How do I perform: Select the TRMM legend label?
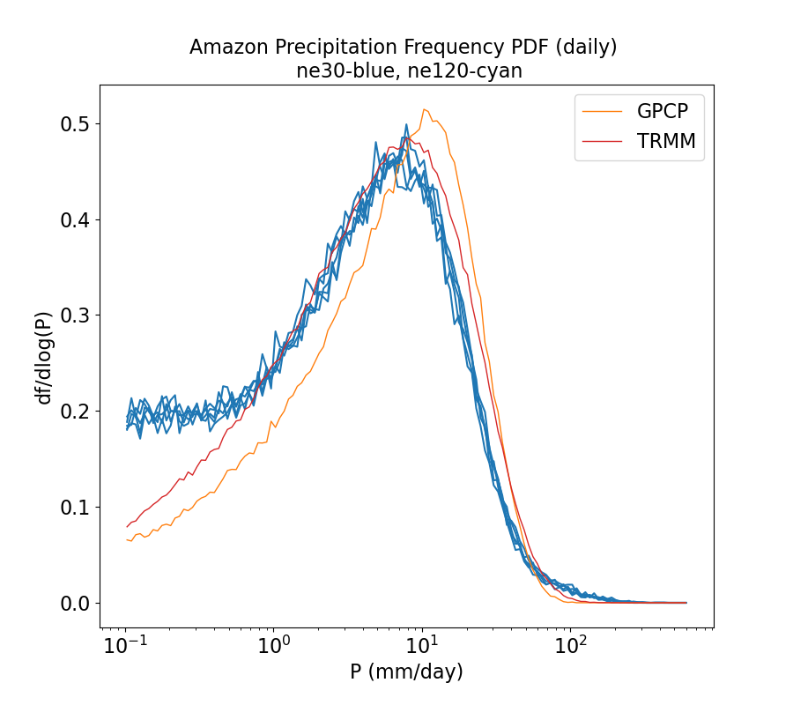tap(671, 142)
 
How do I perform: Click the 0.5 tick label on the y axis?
tap(75, 123)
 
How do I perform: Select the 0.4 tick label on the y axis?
tap(75, 219)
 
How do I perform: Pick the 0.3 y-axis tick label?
tap(75, 315)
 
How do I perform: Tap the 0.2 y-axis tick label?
tap(75, 412)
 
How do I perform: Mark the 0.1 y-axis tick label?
tap(75, 508)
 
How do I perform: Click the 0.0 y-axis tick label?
tap(75, 604)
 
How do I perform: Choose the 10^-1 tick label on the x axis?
tap(125, 646)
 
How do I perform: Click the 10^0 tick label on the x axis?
tap(274, 646)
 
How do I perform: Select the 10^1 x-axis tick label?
tap(422, 646)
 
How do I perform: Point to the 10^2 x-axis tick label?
tap(571, 646)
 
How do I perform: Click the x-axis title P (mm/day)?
tap(406, 672)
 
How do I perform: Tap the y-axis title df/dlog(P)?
tap(43, 356)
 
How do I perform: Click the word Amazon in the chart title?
tap(226, 48)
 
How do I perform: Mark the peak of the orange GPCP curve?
tap(424, 109)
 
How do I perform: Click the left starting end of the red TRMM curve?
tap(127, 527)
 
